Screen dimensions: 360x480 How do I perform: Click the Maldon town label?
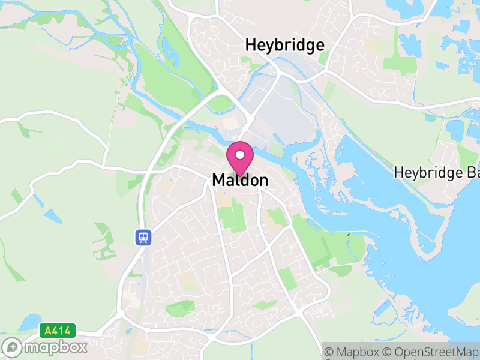point(240,180)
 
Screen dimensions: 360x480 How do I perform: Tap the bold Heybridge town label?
point(285,45)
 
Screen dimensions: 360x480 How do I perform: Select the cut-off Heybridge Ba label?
point(437,173)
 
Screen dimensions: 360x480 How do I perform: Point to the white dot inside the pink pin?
point(240,155)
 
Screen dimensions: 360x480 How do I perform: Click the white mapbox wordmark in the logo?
point(56,347)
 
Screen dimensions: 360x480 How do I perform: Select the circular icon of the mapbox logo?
point(13,347)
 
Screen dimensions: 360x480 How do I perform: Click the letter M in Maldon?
point(218,180)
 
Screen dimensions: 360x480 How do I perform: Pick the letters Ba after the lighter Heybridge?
point(473,173)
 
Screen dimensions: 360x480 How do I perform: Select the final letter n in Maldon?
point(263,180)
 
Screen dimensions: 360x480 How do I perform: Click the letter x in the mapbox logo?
point(82,347)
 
